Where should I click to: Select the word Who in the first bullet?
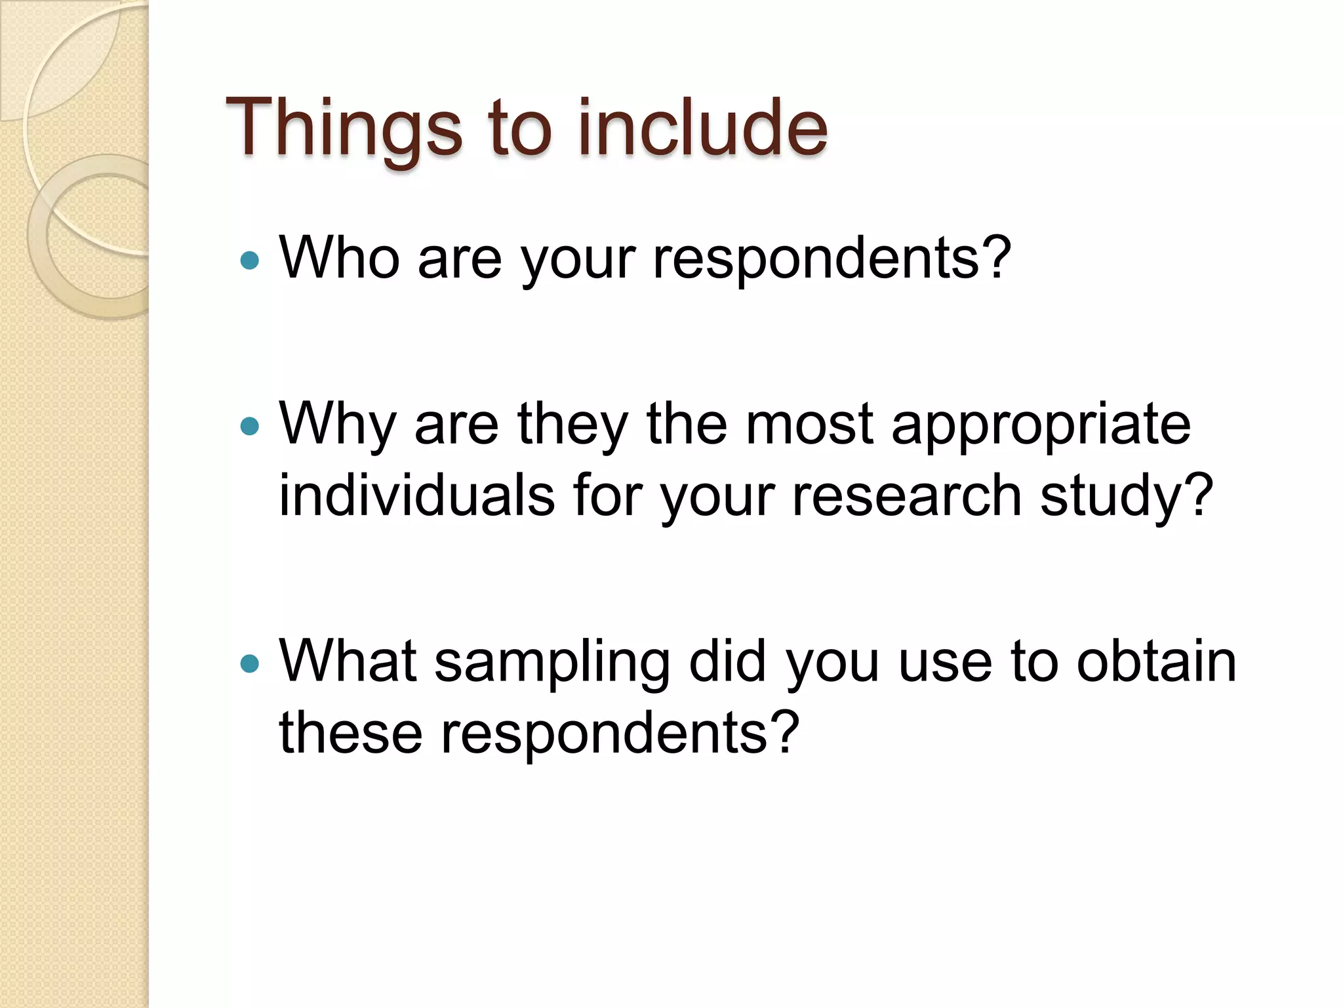(x=340, y=257)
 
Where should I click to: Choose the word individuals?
(x=417, y=495)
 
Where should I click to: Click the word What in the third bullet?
(x=348, y=661)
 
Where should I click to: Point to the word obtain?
(x=1156, y=661)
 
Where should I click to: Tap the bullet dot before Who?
(x=250, y=261)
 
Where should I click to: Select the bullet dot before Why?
(x=250, y=427)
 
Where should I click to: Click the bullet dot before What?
(x=250, y=663)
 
